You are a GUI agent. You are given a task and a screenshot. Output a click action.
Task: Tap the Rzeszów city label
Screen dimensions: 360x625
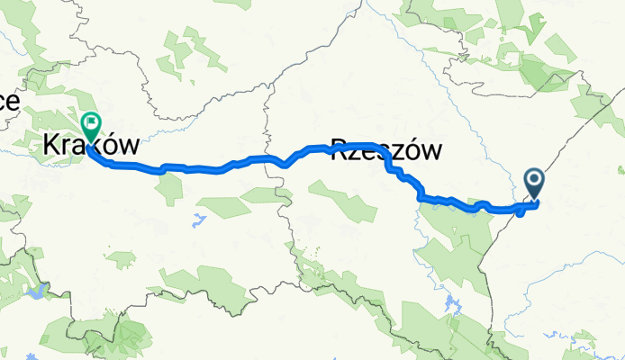coord(387,150)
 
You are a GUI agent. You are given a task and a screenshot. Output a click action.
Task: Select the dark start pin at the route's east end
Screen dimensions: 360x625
coord(534,184)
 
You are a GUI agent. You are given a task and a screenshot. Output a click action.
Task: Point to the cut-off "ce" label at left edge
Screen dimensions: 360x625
coord(8,101)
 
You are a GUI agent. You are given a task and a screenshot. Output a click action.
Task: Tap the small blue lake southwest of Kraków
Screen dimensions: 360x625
coord(37,291)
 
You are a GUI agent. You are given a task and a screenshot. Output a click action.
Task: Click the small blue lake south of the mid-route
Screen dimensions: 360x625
coord(194,217)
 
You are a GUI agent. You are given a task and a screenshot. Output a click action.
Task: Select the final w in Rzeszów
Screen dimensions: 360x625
coord(433,151)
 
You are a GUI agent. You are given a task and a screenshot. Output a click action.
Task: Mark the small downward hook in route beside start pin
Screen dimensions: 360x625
coord(521,212)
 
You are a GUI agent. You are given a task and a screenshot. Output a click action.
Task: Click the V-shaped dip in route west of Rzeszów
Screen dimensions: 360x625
coord(285,165)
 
